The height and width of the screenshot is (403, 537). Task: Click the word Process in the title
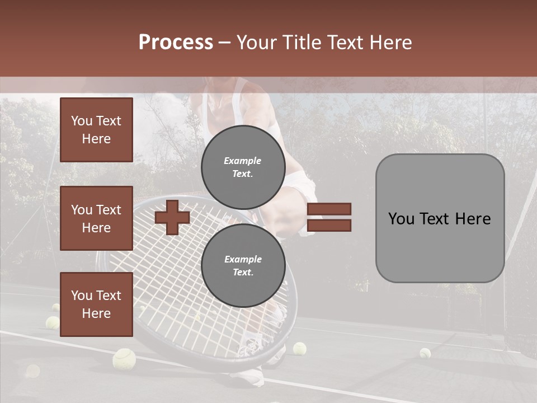(176, 43)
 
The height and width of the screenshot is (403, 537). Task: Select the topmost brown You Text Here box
(96, 130)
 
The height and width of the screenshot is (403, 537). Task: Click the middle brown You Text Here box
(96, 218)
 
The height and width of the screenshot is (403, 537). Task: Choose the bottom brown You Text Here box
(96, 304)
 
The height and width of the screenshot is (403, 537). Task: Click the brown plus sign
(172, 217)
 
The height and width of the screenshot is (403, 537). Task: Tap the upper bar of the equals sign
(329, 209)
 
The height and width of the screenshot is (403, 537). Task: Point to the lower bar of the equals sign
(329, 225)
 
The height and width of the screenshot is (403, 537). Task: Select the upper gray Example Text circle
(243, 167)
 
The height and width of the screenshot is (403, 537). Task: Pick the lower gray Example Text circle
(243, 266)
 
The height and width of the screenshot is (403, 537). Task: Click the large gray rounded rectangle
(440, 218)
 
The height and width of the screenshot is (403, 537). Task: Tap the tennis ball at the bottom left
(124, 358)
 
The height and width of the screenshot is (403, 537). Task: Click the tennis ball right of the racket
(300, 349)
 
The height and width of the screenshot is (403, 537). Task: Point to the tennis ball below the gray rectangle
(425, 353)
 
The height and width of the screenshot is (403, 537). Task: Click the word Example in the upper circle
(242, 161)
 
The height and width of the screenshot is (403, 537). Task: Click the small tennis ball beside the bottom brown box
(53, 322)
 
